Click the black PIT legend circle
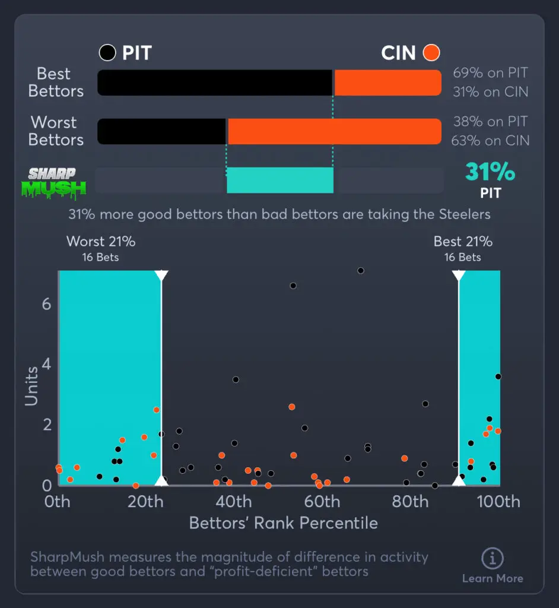coord(107,53)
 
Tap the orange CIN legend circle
coord(431,53)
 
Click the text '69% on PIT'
coord(490,73)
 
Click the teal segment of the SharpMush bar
coord(280,180)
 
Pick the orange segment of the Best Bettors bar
coord(388,83)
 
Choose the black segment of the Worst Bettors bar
coord(161,131)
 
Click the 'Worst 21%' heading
coord(101,242)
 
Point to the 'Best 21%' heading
coord(463,242)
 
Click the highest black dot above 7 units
coord(360,271)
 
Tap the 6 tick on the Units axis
coord(47,304)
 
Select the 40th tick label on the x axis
coord(234,502)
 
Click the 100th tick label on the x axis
coord(498,502)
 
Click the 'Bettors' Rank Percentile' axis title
coord(283,523)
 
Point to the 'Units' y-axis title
coord(31,386)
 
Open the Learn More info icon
coord(493,559)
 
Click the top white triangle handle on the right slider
coord(459,275)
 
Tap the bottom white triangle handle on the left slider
coord(161,480)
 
